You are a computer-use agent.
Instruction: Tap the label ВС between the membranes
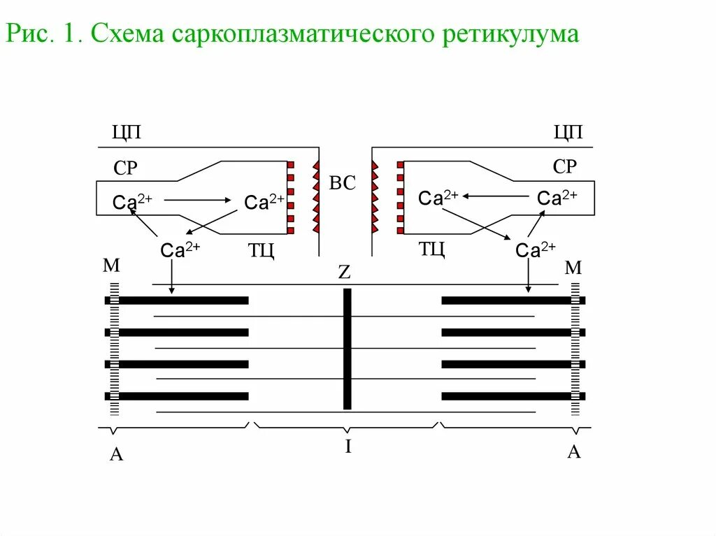tap(343, 184)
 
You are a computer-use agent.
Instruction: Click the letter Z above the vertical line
tap(344, 273)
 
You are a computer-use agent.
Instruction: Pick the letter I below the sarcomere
tap(348, 447)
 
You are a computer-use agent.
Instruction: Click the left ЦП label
tap(127, 133)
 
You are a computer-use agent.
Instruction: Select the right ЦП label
tap(568, 133)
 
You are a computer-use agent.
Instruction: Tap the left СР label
tap(125, 168)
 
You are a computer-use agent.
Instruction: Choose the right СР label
tap(564, 167)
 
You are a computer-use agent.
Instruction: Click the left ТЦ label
tap(261, 249)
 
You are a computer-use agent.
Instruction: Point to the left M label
tap(112, 266)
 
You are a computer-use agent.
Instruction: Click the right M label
tap(573, 268)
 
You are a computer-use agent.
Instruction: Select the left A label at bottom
tap(117, 455)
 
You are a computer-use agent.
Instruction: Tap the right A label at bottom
tap(573, 451)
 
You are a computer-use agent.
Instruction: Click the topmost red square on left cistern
tap(290, 165)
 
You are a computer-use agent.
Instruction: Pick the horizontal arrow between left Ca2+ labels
tap(199, 201)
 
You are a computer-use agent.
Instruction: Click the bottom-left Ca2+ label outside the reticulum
tap(180, 249)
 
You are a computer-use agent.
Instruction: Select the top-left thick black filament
tap(183, 300)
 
